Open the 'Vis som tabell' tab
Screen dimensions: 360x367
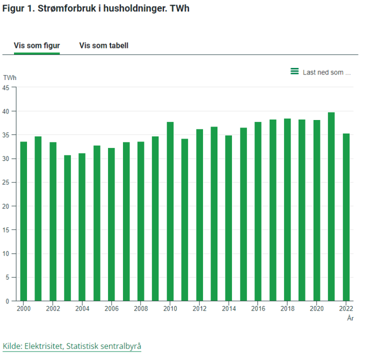pos(103,45)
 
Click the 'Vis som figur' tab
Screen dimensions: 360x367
pos(37,45)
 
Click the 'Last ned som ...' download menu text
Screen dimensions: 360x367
pos(326,72)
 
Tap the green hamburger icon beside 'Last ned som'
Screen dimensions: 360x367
pos(294,71)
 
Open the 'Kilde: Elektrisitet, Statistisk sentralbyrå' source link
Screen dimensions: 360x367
pos(72,346)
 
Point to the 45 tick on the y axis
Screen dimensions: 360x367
pos(6,87)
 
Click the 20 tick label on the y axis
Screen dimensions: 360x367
pos(6,206)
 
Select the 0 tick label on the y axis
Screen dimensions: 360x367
pos(7,301)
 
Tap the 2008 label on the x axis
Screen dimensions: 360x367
pos(140,309)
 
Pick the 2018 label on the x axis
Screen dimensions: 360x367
pos(287,309)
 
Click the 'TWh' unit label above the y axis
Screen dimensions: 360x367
pos(9,77)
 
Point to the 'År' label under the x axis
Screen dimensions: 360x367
pos(350,318)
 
